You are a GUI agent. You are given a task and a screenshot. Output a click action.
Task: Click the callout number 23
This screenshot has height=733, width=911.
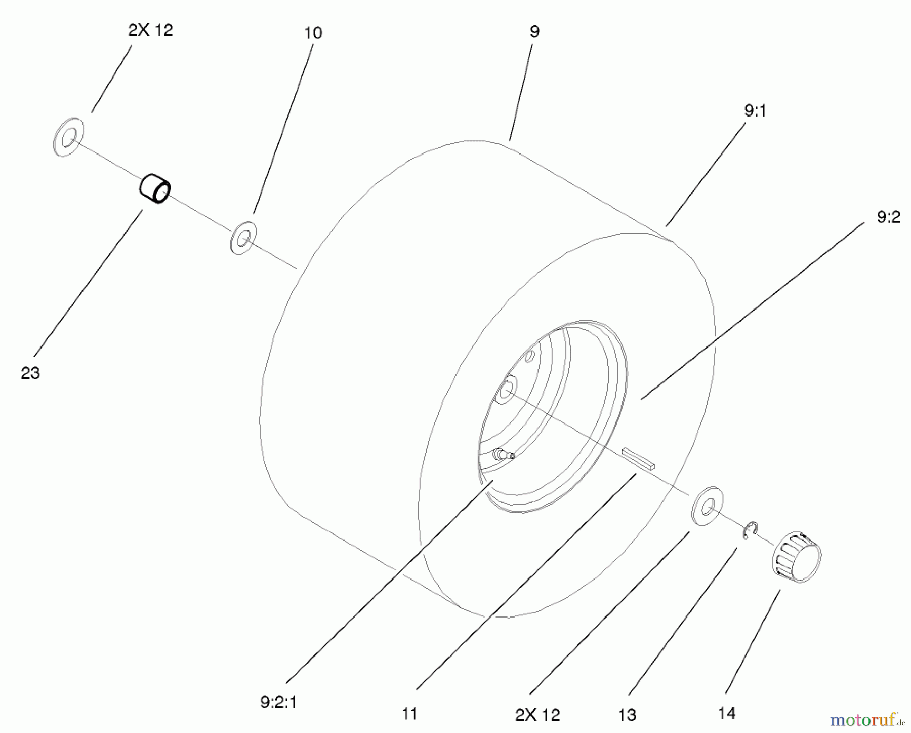pyautogui.click(x=30, y=373)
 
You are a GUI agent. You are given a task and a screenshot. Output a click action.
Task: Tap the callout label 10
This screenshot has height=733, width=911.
pyautogui.click(x=313, y=33)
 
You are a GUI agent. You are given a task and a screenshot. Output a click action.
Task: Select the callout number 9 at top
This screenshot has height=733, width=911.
pyautogui.click(x=534, y=31)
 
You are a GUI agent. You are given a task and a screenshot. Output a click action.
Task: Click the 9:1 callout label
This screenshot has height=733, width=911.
pyautogui.click(x=755, y=111)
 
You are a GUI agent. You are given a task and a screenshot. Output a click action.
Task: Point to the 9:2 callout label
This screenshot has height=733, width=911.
pyautogui.click(x=888, y=217)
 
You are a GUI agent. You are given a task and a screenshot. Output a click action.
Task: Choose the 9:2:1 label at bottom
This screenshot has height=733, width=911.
pyautogui.click(x=278, y=702)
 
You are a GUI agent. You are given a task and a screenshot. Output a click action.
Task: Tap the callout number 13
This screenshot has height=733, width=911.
pyautogui.click(x=627, y=715)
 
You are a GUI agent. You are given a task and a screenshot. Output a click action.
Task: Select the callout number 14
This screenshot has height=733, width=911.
pyautogui.click(x=726, y=714)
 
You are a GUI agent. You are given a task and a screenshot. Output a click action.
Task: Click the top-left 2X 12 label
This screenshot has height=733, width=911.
pyautogui.click(x=150, y=30)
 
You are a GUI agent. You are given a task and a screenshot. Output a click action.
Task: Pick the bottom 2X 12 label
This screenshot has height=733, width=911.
pyautogui.click(x=537, y=715)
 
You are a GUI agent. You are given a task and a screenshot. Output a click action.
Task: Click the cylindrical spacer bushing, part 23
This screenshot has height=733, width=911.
pyautogui.click(x=155, y=189)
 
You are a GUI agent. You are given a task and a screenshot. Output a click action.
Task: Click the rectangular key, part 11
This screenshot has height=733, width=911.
pyautogui.click(x=639, y=458)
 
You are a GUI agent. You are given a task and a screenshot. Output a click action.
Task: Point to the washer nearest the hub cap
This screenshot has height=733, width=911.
pyautogui.click(x=707, y=505)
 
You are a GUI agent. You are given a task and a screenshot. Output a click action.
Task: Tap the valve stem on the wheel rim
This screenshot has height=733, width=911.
pyautogui.click(x=504, y=455)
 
